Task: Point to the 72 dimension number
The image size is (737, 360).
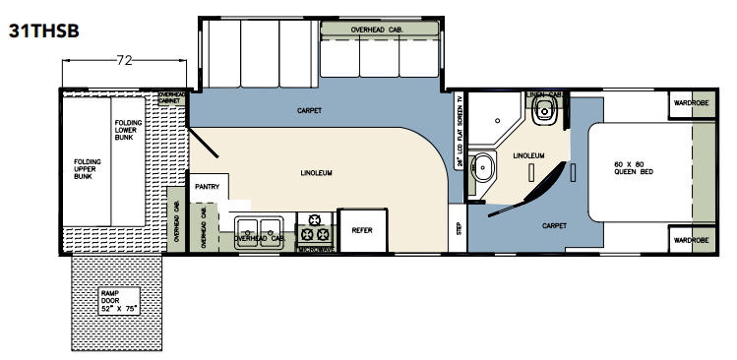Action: pyautogui.click(x=124, y=61)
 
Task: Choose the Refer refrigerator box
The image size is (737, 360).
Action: pyautogui.click(x=362, y=229)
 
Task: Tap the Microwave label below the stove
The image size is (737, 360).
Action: pyautogui.click(x=317, y=251)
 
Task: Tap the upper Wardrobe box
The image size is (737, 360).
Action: pyautogui.click(x=691, y=101)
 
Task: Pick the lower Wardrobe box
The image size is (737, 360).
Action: pyautogui.click(x=691, y=239)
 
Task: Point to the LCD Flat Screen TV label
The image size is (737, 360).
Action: pyautogui.click(x=459, y=139)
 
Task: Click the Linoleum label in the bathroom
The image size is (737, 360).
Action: pyautogui.click(x=528, y=155)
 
